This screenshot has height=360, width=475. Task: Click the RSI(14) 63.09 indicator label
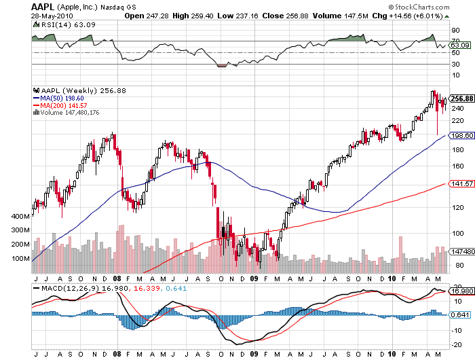click(x=52, y=24)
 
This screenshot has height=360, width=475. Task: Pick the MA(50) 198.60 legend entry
click(x=62, y=98)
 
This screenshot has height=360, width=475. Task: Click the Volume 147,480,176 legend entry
click(x=67, y=112)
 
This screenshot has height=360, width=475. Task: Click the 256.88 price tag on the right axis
click(x=461, y=98)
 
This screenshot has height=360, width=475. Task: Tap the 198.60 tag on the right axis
click(x=461, y=136)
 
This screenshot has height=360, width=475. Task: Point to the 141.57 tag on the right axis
click(x=461, y=183)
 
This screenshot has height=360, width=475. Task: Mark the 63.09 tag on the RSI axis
click(x=459, y=46)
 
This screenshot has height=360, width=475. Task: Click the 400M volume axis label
click(x=21, y=216)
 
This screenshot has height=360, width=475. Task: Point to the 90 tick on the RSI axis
click(x=455, y=31)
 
